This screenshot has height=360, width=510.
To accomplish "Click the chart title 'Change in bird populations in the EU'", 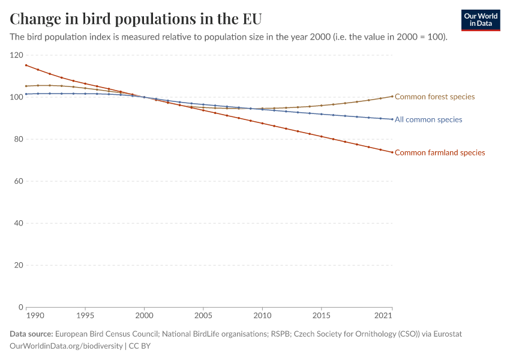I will point(136,19).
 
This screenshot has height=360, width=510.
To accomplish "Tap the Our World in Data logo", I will point(481,20).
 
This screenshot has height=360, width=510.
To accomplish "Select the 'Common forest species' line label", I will point(434,97).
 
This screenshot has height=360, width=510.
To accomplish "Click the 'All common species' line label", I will point(428,119).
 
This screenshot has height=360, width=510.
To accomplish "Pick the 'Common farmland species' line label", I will point(440,152).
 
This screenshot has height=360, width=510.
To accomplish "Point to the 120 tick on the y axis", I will point(16,55).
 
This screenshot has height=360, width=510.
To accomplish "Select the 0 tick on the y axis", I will point(20,307).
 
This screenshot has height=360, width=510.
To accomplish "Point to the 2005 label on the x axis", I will point(203,316).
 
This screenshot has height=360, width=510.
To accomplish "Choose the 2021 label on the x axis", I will point(384,316).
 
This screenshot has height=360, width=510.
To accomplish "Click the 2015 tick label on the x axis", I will point(322,316).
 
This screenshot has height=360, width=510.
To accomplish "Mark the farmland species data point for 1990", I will point(26,65).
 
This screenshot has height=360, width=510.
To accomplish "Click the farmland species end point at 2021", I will point(392,152).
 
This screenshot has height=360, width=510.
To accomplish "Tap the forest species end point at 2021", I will point(392,96).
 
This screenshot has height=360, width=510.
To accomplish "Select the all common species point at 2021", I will point(392,119).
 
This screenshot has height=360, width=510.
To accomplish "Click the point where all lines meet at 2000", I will point(145,97).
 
